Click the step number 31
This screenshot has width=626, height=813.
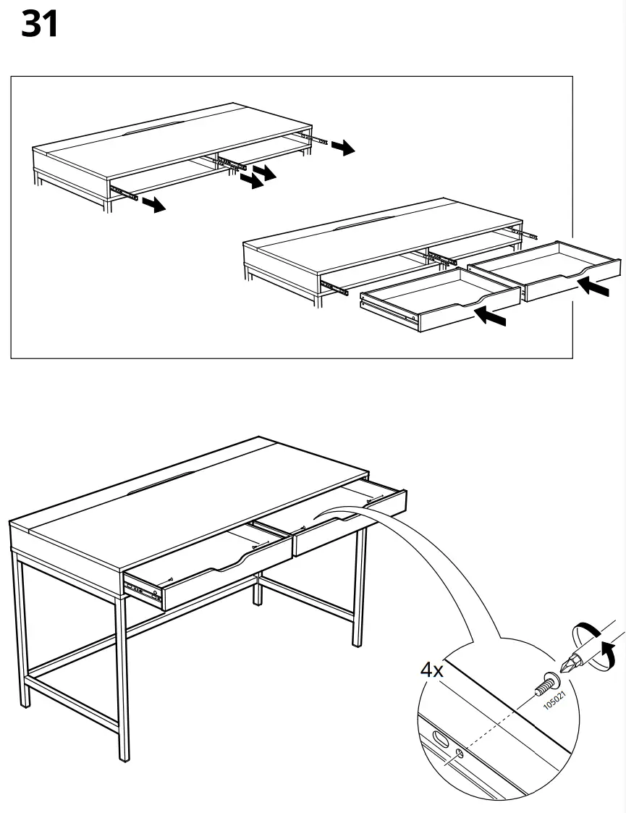click(40, 25)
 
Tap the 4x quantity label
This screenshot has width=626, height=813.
click(432, 670)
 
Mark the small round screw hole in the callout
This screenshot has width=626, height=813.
click(460, 755)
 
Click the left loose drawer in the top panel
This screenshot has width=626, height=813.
click(439, 300)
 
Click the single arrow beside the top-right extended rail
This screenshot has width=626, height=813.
click(343, 148)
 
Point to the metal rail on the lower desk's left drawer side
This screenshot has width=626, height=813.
click(143, 590)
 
